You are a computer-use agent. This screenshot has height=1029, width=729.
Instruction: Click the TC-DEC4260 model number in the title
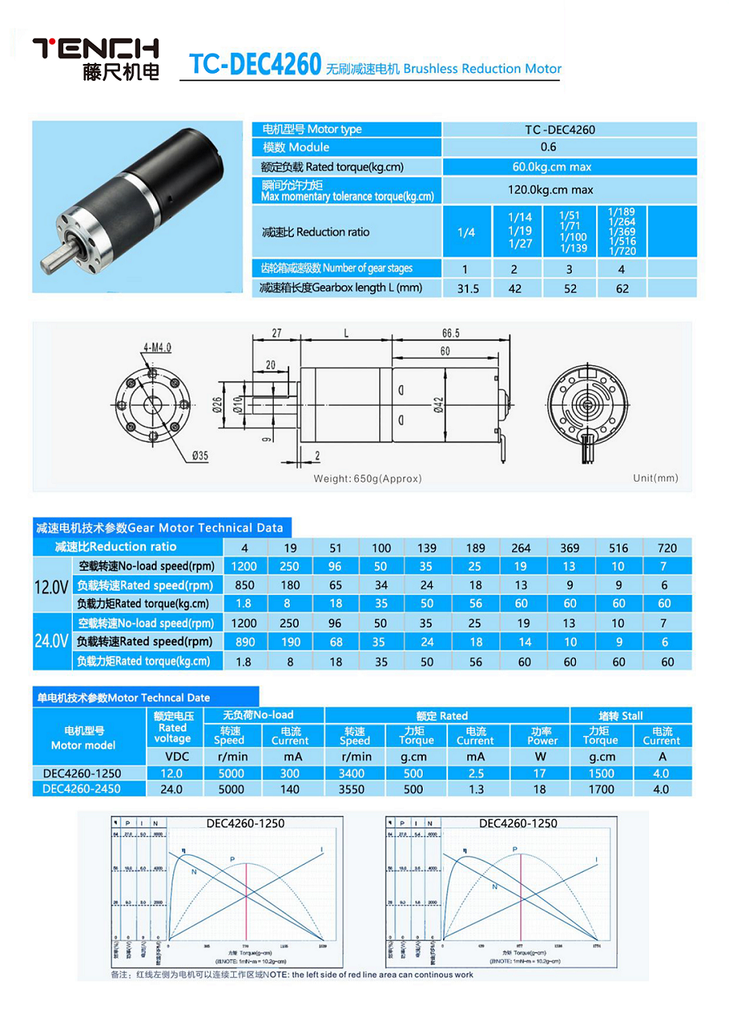coord(254,66)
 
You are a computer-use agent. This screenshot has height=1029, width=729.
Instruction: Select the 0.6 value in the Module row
coord(548,147)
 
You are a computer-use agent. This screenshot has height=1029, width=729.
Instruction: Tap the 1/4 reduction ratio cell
coord(467,232)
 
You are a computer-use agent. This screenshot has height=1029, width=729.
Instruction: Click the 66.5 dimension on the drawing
coord(450,334)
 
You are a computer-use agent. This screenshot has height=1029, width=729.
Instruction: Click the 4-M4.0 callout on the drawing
coord(158,347)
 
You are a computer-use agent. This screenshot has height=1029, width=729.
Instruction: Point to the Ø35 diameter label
coord(199,456)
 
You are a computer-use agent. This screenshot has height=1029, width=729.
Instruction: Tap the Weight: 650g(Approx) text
coord(368,478)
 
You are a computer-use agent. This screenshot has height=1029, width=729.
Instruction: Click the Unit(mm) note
coord(655,478)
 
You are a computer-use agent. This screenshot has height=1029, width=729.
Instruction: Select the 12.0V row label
coord(50,585)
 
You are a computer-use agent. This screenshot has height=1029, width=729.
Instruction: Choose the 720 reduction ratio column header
coord(667,548)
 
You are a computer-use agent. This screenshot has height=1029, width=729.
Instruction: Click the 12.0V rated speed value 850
coord(244,585)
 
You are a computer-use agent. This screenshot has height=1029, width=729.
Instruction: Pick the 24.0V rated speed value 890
coord(244,642)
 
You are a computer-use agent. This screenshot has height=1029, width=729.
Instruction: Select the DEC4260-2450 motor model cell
coord(83,789)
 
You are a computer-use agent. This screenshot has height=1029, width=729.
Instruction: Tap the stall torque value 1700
coord(601,789)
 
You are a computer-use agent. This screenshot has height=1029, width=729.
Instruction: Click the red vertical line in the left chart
coord(245,899)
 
